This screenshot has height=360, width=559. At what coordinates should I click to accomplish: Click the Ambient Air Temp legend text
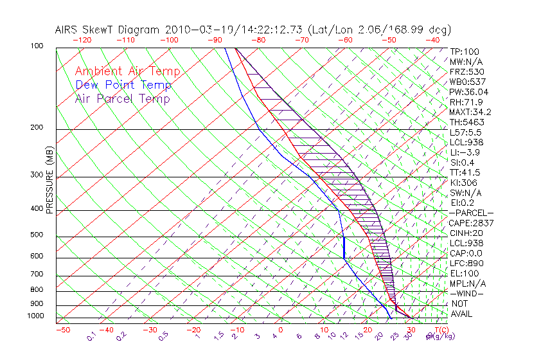pos(128,71)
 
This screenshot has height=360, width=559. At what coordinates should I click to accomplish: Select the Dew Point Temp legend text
pos(123,85)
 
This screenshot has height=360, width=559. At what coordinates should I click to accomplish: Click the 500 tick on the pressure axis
pos(37,235)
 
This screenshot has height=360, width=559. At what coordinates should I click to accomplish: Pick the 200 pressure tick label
pos(37,128)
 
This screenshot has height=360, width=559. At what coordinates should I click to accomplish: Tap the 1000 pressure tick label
pos(35,316)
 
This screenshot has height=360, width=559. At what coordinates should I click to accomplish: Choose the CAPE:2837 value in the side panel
pos(471,223)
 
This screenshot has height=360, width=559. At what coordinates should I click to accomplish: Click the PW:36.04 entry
pos(470,92)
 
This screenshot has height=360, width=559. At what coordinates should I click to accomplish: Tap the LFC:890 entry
pos(466,263)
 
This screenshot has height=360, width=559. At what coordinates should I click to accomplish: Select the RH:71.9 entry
pos(466,102)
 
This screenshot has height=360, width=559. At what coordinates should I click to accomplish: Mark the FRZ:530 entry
pos(466,71)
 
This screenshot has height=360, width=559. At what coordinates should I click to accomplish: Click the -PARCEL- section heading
pos(472,213)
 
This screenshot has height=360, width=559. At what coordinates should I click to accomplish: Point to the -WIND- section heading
pos(467,293)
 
